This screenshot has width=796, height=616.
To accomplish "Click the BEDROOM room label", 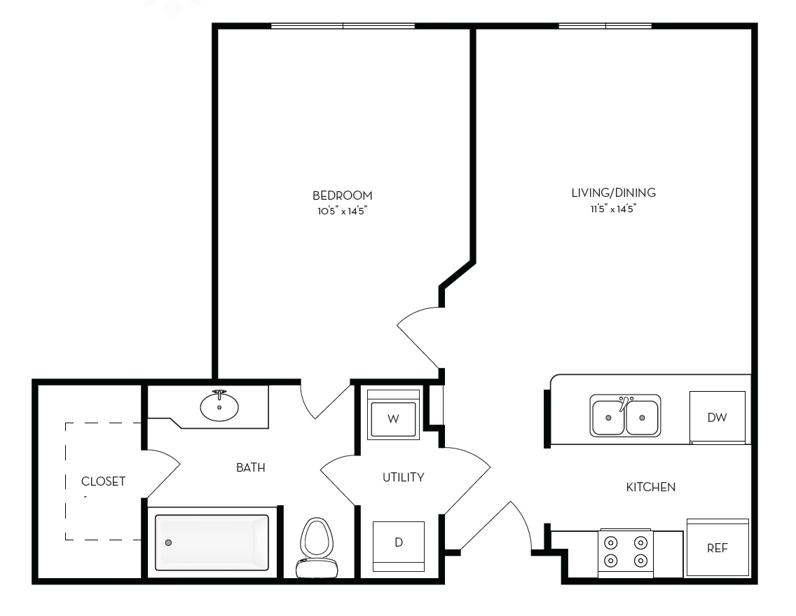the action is (x=342, y=196).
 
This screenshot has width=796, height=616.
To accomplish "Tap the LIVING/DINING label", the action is (x=613, y=193).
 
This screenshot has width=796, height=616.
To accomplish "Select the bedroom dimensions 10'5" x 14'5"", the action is (x=342, y=211).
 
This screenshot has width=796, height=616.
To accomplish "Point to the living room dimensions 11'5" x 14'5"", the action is (x=613, y=208).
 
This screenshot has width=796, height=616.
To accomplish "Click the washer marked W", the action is (x=393, y=415).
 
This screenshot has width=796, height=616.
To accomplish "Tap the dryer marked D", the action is (x=399, y=547).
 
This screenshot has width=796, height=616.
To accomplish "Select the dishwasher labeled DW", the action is (x=718, y=418).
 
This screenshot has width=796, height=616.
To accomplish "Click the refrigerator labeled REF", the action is (x=718, y=547).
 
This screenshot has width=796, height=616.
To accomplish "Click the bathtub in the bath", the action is (x=212, y=542).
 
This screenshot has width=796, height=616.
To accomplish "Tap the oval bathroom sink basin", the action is (x=219, y=406).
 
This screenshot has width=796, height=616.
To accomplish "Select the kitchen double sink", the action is (x=625, y=416).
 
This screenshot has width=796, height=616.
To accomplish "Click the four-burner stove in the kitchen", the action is (x=626, y=553).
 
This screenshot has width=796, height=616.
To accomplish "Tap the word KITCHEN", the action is (x=651, y=488).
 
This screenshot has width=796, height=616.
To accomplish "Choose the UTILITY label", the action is (x=403, y=477).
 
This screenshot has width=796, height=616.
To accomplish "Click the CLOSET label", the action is (x=103, y=481).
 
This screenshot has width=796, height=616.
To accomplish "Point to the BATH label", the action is (x=251, y=467).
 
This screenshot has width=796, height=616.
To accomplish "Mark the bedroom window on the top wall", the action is (x=343, y=26).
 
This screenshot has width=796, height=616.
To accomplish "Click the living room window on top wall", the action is (x=605, y=26).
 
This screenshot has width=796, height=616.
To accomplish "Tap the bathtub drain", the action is (x=169, y=542).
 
